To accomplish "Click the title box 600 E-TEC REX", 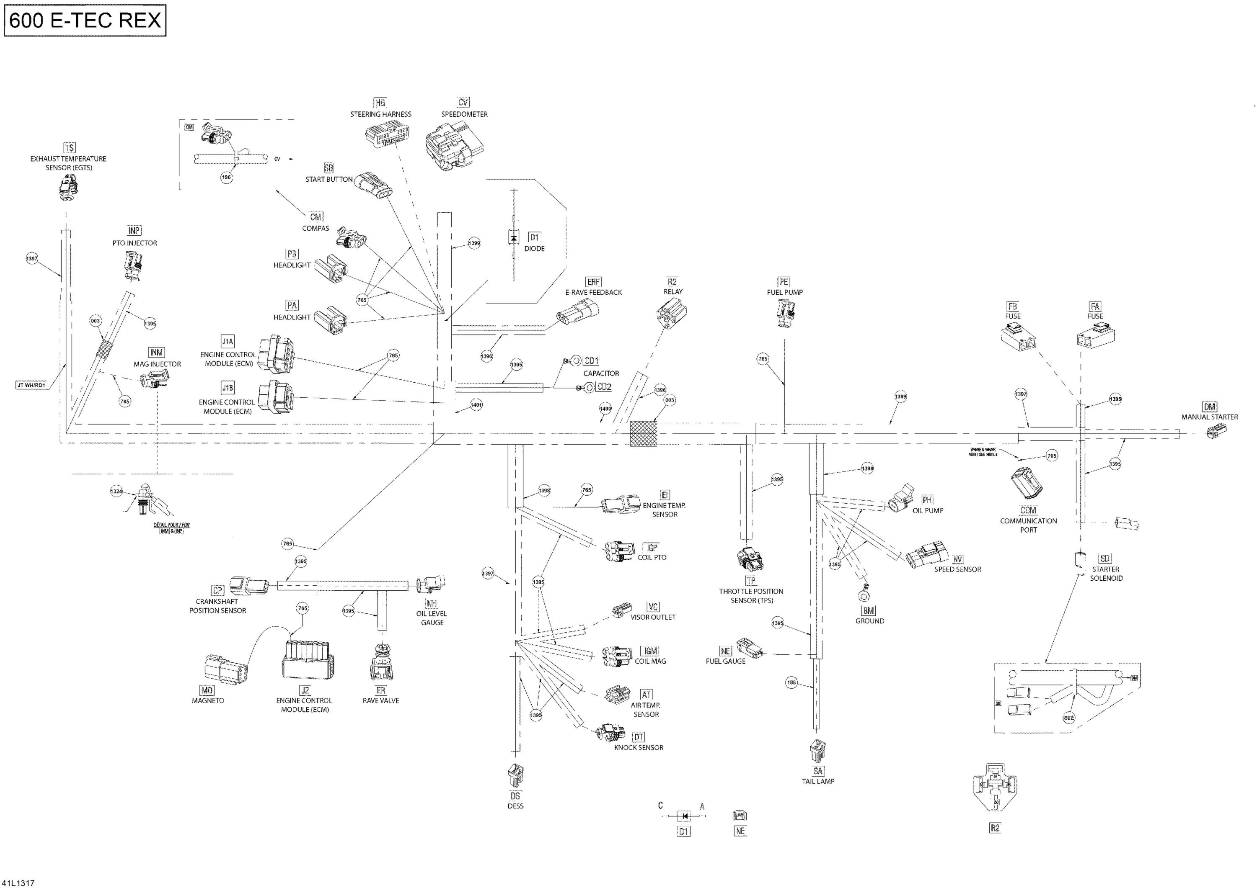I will [x=85, y=20].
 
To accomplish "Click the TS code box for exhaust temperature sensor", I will [x=70, y=148].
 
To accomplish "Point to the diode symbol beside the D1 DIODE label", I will [x=514, y=237].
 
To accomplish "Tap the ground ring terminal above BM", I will [x=864, y=592].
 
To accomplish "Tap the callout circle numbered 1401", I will [x=476, y=405].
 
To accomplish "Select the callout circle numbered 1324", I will [x=116, y=492].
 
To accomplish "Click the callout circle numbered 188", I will [x=791, y=683].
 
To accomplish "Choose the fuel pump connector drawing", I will [x=786, y=314].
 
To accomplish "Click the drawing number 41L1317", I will [x=19, y=883].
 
